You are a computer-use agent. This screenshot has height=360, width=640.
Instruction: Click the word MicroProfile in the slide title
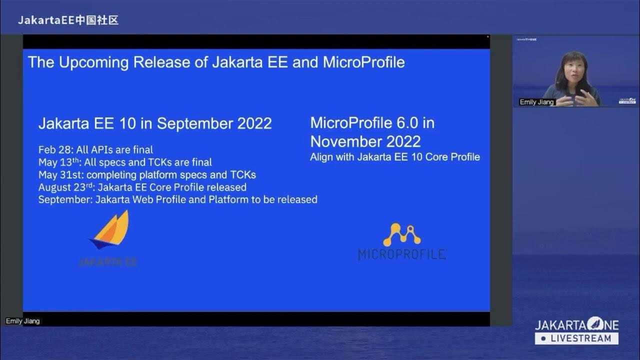point(363,62)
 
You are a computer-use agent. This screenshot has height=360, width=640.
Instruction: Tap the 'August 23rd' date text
point(64,187)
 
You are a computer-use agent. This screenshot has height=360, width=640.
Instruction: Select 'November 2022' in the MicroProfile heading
point(365,141)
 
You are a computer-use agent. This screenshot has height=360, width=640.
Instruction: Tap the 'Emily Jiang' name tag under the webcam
point(537,102)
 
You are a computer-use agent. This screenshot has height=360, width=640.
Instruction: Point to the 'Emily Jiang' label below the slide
point(22,321)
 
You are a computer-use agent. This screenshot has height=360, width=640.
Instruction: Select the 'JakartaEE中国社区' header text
point(68,20)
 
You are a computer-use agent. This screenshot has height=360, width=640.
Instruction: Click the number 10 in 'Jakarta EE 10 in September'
point(127,123)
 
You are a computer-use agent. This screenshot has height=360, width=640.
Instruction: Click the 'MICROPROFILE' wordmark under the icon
point(402,254)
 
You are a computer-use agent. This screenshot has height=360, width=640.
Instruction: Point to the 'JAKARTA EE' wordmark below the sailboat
point(107,261)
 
